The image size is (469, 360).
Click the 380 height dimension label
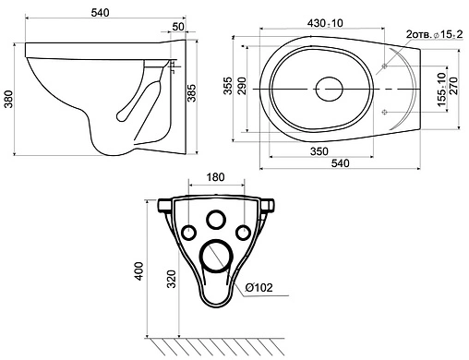[x=9, y=99]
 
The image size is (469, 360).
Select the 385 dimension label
[x=192, y=92]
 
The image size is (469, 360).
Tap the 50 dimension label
[x=178, y=27]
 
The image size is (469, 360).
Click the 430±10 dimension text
[x=325, y=23]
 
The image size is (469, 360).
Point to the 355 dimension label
[x=228, y=86]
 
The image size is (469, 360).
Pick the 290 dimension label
[x=242, y=86]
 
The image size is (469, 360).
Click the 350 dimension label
[x=319, y=151]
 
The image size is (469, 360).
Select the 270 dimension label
[x=454, y=86]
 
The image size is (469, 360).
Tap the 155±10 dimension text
[x=441, y=90]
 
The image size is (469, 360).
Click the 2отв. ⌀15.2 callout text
[x=434, y=34]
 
